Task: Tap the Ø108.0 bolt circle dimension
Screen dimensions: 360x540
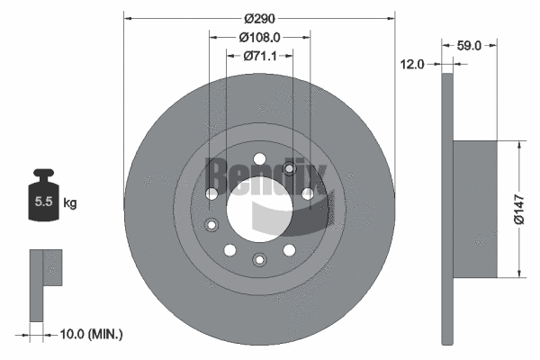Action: coord(260,37)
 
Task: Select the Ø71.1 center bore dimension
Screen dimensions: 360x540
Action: coord(260,56)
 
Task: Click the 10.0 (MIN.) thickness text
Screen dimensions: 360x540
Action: coord(90,334)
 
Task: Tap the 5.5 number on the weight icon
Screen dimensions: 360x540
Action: coord(43,202)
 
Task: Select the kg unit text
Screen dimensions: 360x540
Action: coord(70,202)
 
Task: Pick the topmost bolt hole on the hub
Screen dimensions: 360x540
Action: coord(259,159)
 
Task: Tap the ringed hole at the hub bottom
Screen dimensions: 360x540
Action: coord(259,260)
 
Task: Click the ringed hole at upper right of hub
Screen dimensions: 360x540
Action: coord(290,169)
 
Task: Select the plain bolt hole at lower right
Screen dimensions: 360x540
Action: coord(290,249)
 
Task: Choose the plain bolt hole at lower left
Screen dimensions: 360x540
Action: coord(229,249)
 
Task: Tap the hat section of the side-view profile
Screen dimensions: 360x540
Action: coord(474,209)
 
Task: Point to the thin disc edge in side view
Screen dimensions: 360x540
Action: coord(447,209)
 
